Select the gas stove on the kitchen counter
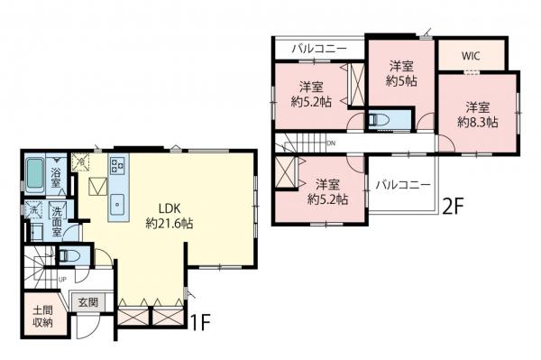pos(119,164)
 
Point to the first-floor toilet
pos(68,255)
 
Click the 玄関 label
pos(87,302)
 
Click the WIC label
pos(471,54)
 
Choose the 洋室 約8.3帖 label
pos(478,114)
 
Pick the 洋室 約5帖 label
pos(402,72)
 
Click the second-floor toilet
pos(380,120)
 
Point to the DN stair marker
pos(332,143)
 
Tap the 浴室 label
pos(56,178)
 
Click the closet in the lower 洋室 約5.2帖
pos(287,171)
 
